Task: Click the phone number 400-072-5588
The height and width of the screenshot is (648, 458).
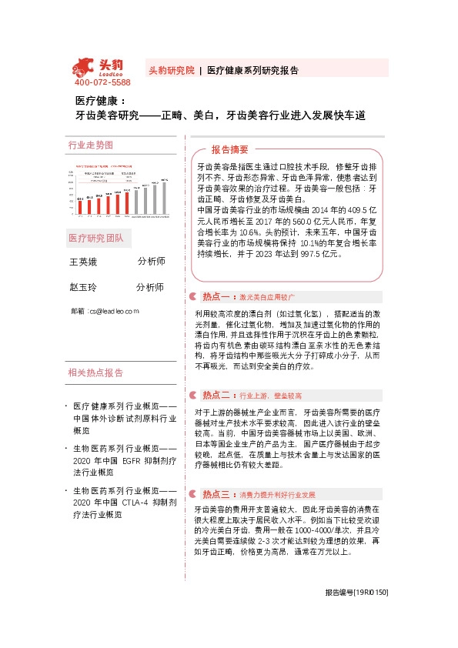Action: pyautogui.click(x=102, y=82)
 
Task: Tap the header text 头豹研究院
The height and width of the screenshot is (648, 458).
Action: pyautogui.click(x=171, y=70)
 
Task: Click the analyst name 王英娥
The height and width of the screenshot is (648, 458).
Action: pyautogui.click(x=85, y=262)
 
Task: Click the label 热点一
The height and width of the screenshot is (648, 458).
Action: pyautogui.click(x=218, y=296)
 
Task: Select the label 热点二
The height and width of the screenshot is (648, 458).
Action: pyautogui.click(x=218, y=395)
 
